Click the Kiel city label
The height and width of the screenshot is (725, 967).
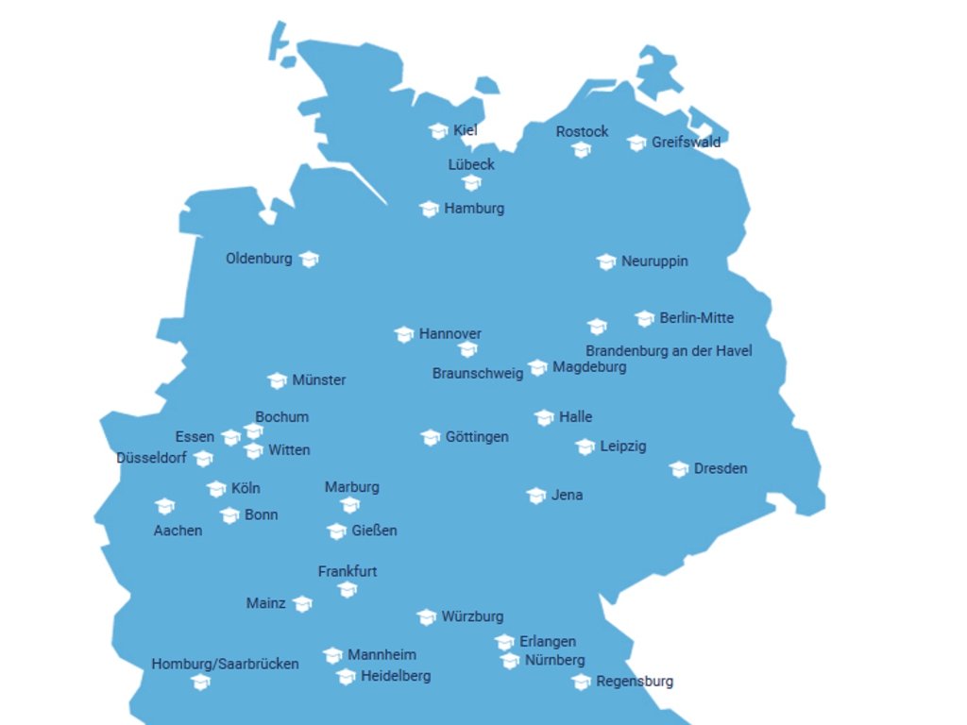point(466,130)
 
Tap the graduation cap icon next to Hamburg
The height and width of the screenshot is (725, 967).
point(430,209)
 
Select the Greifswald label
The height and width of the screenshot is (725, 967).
point(686,143)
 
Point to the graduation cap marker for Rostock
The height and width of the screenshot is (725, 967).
point(582,149)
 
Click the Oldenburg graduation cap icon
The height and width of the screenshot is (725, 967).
point(309,259)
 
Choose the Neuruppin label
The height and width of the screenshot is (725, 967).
point(654,261)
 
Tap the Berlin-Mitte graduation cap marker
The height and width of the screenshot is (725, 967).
point(645,318)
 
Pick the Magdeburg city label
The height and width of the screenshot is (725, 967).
point(589,367)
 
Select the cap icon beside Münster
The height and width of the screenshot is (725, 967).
point(277,380)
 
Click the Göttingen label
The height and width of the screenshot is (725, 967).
point(477,437)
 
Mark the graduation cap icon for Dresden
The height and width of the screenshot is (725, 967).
point(679,469)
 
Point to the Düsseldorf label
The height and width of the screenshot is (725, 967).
point(151,459)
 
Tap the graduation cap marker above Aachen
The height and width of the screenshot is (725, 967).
point(165,507)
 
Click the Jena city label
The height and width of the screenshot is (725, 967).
point(567,496)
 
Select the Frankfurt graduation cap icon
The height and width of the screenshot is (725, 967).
point(348,590)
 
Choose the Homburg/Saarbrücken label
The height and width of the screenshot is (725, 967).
point(225,665)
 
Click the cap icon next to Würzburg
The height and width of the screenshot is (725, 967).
point(427,617)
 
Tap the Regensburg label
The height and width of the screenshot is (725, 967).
point(635,682)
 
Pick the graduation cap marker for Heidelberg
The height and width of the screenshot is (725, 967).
point(347,677)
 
